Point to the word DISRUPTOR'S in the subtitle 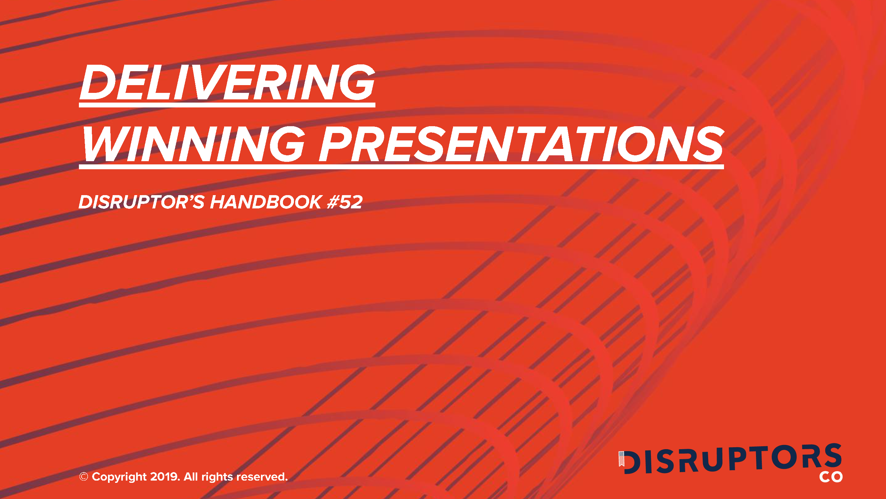click(x=141, y=202)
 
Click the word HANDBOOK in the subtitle click(x=266, y=202)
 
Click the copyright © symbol click(x=83, y=477)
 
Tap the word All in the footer click(x=190, y=477)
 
